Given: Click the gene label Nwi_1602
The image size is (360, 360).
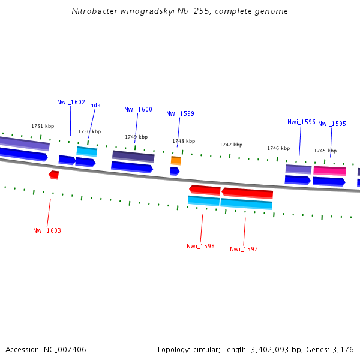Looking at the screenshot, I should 71,102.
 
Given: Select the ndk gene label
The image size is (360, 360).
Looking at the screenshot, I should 95,105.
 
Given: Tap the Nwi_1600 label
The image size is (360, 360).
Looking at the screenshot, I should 138,109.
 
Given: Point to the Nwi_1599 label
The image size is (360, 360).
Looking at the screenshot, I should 180,113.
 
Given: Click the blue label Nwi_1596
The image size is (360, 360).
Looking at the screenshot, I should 301,122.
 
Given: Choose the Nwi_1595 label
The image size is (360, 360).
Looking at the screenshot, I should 332,124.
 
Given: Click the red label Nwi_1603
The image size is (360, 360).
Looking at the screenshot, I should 47,230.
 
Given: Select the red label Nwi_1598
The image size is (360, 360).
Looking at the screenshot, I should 200,246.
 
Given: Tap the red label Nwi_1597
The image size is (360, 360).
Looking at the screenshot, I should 244,249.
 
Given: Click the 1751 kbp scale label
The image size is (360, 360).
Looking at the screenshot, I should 43,126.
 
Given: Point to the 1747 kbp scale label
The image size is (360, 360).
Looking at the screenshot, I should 231,145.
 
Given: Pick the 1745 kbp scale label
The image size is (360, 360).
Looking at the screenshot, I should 325,151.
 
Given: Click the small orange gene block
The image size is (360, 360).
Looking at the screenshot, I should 176,160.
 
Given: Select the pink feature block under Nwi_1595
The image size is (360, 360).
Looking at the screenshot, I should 329,170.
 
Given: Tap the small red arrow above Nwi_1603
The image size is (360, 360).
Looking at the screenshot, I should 54,175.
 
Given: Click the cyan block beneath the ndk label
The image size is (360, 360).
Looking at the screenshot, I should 87,151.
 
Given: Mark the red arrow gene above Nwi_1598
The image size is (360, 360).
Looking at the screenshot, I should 205,190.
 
